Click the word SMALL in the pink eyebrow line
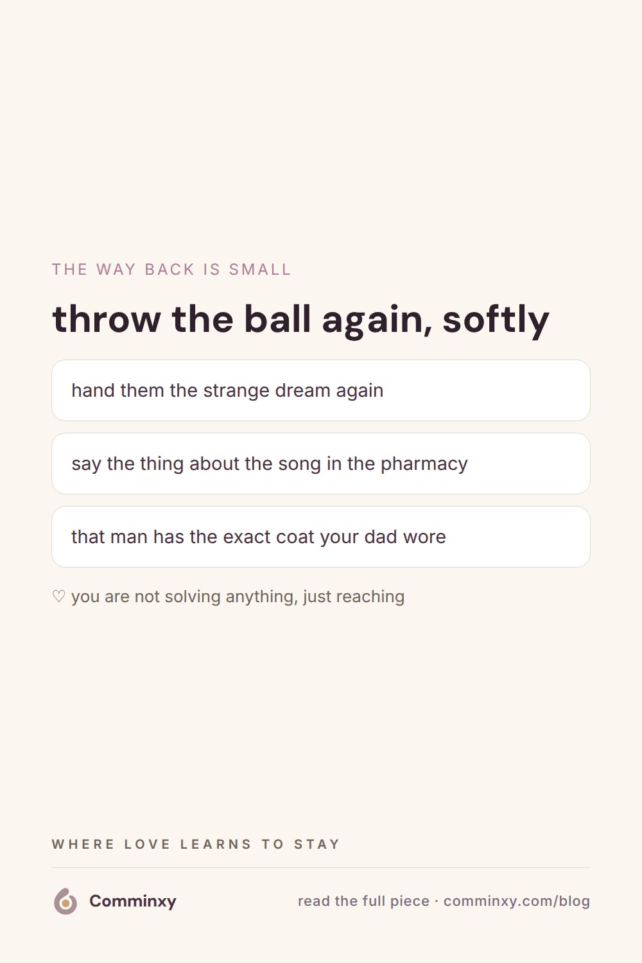click(260, 270)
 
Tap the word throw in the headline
click(107, 320)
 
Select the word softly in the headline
click(496, 321)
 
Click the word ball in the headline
click(277, 318)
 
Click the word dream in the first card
click(303, 390)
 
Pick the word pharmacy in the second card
click(424, 464)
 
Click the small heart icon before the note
click(58, 596)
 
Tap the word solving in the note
click(193, 597)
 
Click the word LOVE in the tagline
click(148, 844)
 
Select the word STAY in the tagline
click(317, 844)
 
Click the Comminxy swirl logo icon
click(65, 901)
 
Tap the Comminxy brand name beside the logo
click(133, 901)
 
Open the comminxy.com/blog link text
click(517, 901)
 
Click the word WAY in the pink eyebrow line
click(116, 270)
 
